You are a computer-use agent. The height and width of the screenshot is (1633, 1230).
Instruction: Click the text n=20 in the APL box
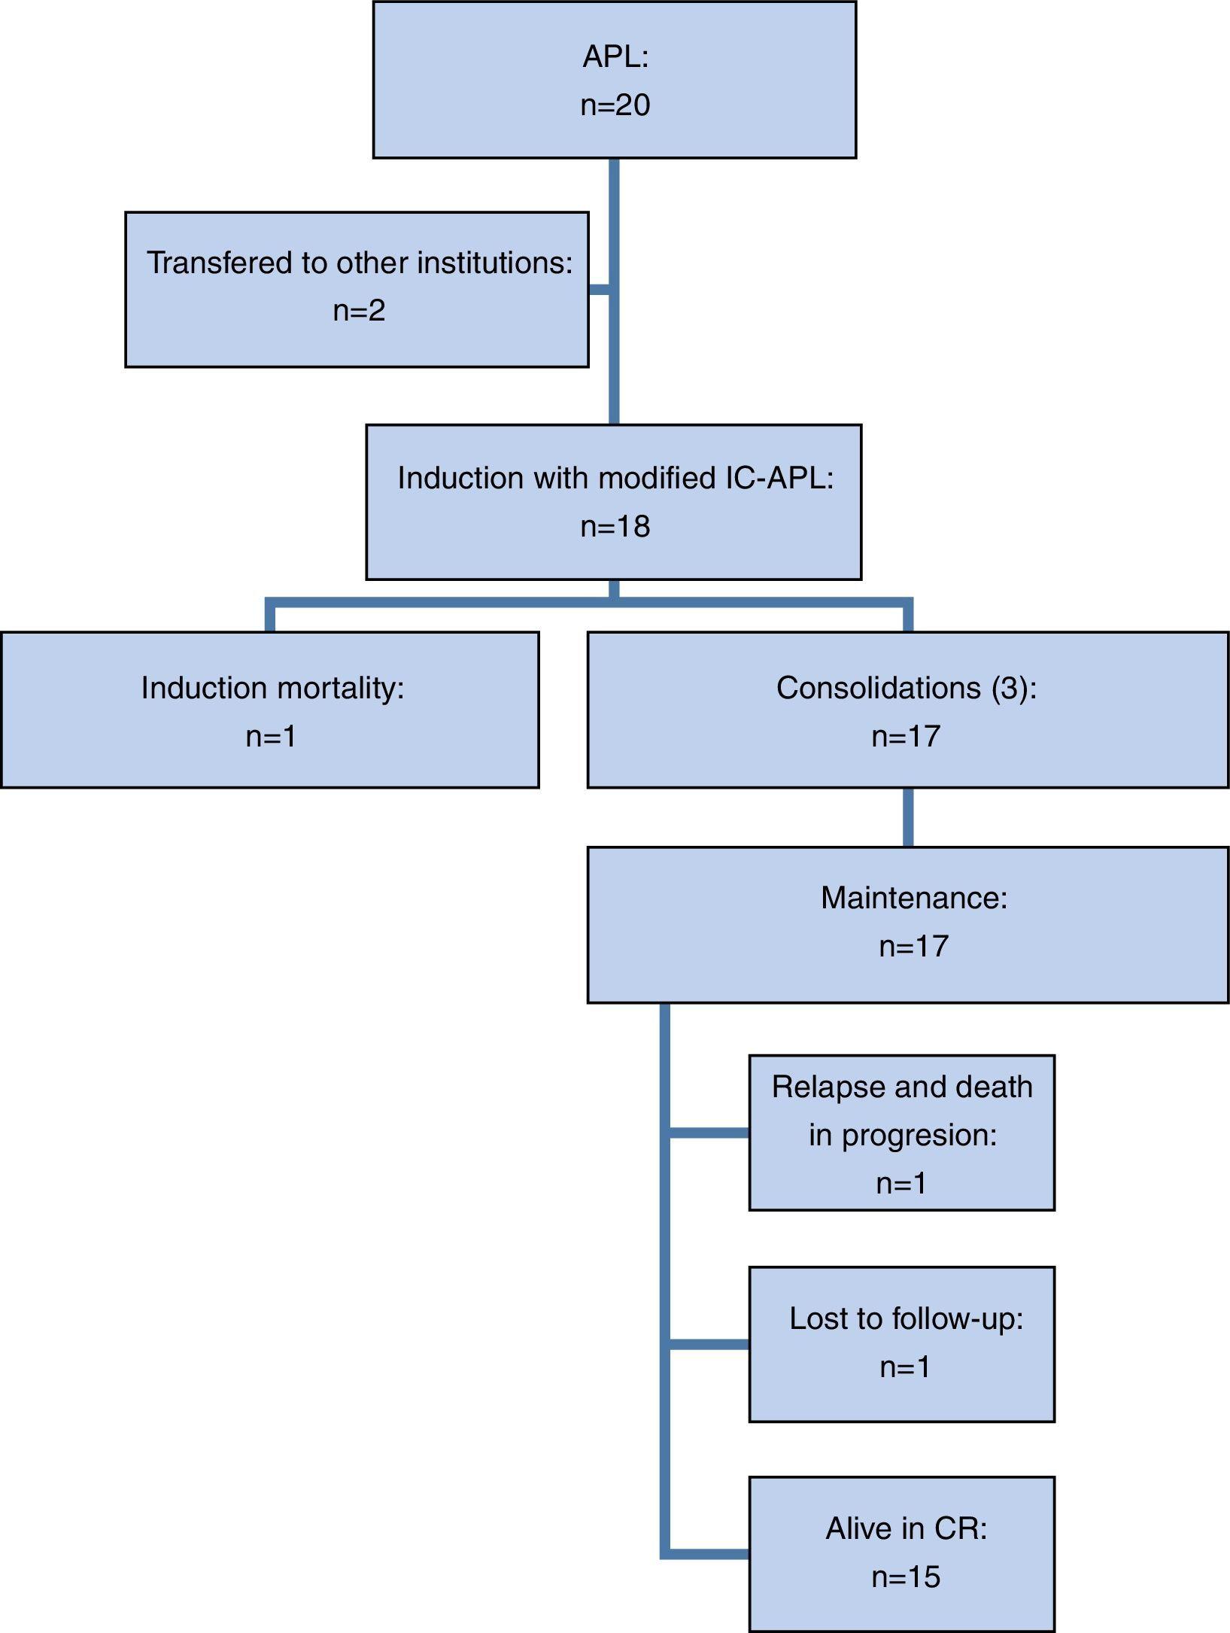click(615, 105)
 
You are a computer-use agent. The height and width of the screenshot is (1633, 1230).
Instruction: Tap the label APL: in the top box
click(615, 57)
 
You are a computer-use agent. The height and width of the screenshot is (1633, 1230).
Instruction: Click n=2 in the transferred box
click(359, 310)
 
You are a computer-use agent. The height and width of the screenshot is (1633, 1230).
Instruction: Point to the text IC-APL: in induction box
click(779, 478)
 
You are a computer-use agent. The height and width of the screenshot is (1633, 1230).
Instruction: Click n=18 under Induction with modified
click(615, 526)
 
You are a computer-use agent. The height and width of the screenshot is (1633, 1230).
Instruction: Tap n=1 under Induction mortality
click(271, 736)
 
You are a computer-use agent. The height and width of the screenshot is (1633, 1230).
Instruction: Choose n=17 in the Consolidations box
click(906, 736)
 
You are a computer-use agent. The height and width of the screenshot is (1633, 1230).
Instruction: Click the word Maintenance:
click(913, 898)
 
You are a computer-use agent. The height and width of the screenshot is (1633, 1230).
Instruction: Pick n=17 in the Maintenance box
click(913, 946)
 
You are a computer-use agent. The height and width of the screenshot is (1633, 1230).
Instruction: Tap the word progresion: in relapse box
click(919, 1135)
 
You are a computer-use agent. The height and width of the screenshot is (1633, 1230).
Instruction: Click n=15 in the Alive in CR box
click(906, 1577)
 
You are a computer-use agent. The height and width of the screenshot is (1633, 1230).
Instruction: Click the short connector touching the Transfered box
click(599, 290)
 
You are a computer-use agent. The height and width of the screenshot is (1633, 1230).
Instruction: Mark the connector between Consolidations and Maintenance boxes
click(908, 817)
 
